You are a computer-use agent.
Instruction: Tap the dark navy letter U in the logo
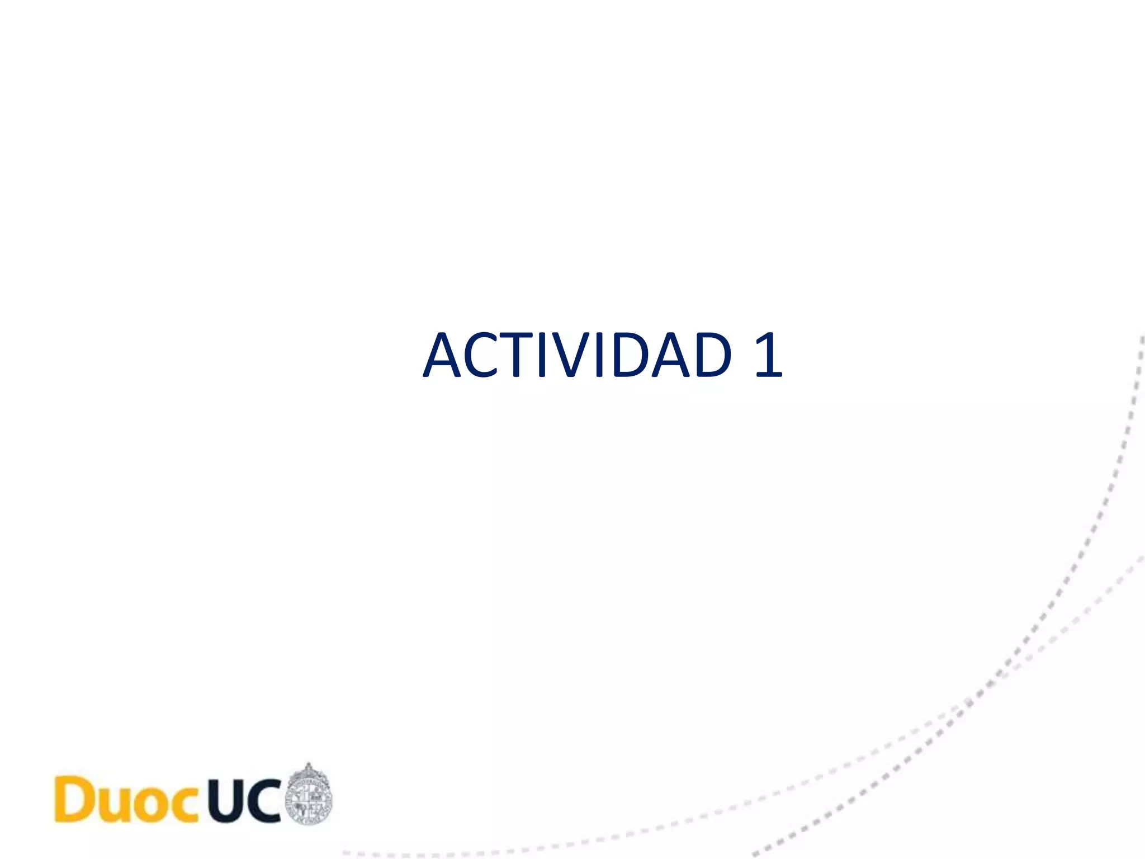click(x=226, y=800)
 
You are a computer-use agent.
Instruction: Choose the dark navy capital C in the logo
click(x=263, y=800)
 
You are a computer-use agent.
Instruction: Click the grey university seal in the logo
click(x=308, y=797)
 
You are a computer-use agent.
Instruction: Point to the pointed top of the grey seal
click(x=308, y=766)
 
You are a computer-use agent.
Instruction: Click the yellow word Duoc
click(x=126, y=800)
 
